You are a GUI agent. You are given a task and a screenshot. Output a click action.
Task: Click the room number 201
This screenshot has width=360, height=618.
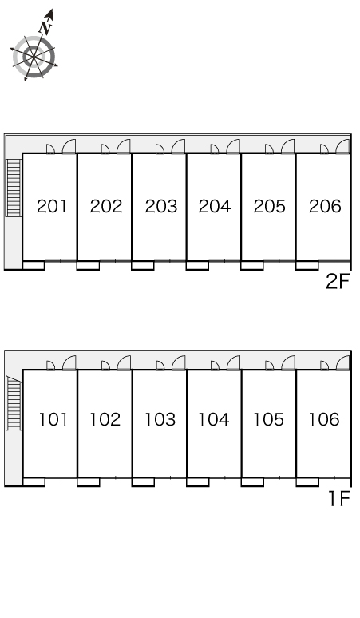pos(52,206)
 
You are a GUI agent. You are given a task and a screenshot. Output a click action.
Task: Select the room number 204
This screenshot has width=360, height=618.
pos(214,206)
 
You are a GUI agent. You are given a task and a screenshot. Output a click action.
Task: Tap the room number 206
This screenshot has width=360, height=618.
pos(325,206)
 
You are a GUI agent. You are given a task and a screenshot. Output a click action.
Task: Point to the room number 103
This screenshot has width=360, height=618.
pos(160,419)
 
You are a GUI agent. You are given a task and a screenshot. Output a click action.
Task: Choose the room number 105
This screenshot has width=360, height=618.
pos(268,419)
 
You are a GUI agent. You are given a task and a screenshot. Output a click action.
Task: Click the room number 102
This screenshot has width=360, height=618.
pos(105,419)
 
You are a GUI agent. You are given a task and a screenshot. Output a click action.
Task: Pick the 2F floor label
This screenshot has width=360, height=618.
pos(338,281)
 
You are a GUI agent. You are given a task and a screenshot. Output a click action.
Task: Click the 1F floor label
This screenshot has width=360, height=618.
pos(339,499)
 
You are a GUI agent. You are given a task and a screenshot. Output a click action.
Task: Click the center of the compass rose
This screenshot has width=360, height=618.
pos(34,57)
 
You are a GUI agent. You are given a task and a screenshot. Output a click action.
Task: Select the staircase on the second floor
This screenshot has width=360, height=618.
pos(14,188)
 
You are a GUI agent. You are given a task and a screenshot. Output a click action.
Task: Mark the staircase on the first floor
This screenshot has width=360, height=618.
pos(14,403)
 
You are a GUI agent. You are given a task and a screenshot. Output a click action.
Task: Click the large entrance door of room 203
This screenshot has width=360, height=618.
pos(179,146)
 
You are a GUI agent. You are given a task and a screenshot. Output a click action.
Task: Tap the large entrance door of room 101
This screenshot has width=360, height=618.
pos(69,363)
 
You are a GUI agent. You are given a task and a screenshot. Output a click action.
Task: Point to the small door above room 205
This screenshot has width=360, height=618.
pos(270,149)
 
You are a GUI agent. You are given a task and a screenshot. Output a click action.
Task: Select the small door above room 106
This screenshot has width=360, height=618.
pos(325,366)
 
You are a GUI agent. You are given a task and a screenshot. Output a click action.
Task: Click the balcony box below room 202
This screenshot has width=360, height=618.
pos(88,266)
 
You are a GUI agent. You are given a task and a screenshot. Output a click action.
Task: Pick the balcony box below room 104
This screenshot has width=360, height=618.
pos(198,482)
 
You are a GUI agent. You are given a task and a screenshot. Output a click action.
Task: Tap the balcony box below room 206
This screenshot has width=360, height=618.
pos(307,266)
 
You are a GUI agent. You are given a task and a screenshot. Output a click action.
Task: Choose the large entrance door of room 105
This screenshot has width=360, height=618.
pos(288,363)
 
